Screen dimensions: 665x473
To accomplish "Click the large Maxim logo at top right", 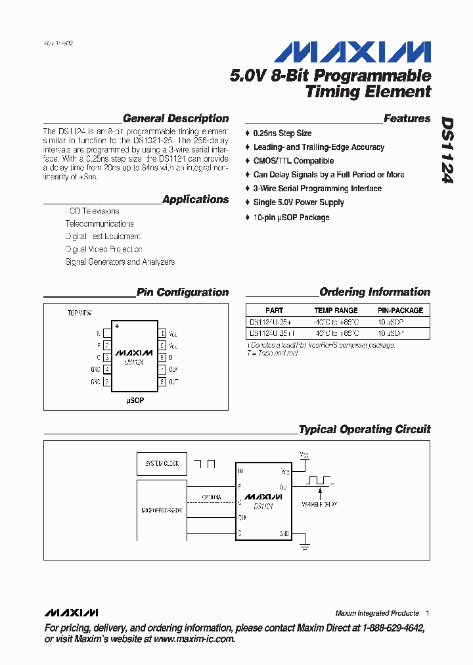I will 352,53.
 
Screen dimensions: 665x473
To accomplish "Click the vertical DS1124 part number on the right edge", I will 447,150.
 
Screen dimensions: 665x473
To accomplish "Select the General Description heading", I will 175,119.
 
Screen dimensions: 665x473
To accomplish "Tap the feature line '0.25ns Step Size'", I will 282,133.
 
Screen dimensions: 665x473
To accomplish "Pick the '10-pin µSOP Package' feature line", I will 291,218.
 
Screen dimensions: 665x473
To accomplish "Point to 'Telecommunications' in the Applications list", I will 99,224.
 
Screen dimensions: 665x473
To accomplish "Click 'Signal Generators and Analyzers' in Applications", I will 120,262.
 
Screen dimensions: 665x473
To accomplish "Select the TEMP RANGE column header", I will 336,310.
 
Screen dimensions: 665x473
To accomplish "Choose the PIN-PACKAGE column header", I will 400,310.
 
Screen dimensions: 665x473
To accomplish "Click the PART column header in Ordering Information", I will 275,310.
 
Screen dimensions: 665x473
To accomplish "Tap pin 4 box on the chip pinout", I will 107,369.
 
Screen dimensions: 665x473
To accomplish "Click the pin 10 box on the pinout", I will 162,334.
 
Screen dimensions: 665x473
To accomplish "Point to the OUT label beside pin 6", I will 173,382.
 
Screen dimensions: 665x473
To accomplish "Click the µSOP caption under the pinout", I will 135,400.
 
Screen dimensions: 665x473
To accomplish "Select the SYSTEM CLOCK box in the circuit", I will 162,464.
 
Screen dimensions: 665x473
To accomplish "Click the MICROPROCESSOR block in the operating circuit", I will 162,511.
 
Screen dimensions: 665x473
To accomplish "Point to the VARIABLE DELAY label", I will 319,505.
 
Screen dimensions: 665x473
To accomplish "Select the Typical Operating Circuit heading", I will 365,430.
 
